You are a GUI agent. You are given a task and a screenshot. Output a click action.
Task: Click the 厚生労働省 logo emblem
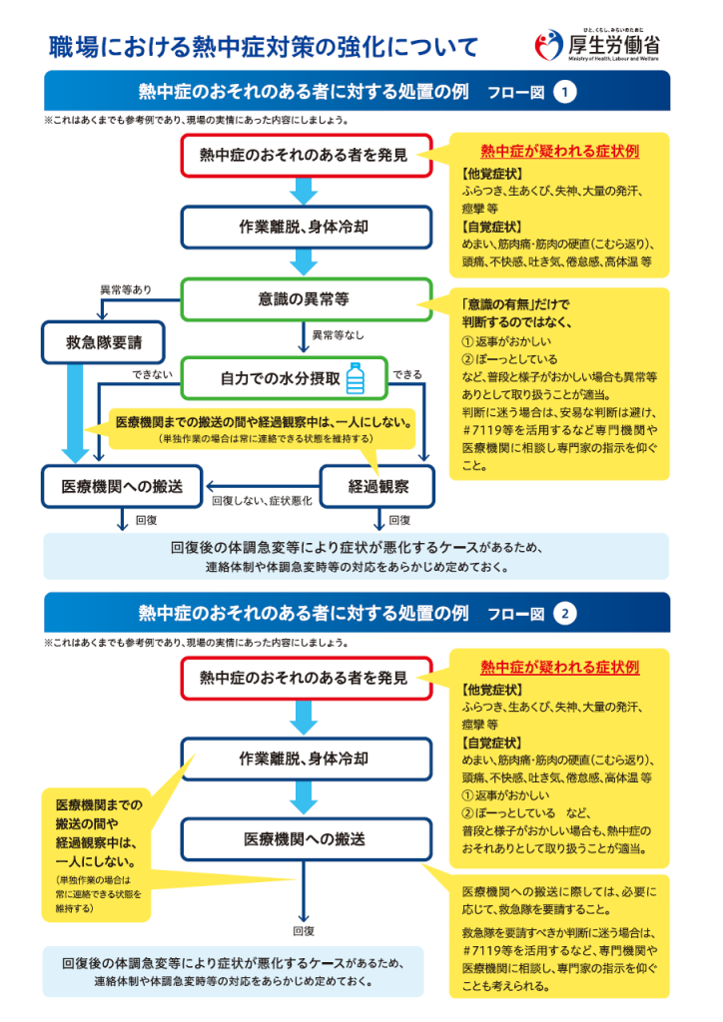click(548, 45)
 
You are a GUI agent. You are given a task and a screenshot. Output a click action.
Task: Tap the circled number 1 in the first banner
click(564, 92)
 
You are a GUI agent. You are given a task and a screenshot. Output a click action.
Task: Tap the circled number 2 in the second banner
click(564, 614)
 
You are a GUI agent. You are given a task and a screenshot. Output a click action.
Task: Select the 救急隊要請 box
click(103, 342)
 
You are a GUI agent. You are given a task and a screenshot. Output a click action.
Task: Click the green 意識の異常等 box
click(307, 299)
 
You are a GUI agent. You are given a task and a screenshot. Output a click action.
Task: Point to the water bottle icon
click(356, 378)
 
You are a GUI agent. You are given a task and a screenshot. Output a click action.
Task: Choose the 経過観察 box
click(378, 486)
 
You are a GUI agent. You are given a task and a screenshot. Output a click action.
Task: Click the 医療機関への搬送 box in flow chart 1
click(123, 486)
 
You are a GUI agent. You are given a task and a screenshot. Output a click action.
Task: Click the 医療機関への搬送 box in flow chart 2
click(307, 839)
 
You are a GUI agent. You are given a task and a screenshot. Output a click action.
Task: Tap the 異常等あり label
click(126, 289)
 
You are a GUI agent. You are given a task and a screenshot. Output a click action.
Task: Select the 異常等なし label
click(338, 335)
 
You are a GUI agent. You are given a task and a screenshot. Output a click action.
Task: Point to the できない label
click(152, 374)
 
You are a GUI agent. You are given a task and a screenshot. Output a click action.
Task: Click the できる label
click(407, 374)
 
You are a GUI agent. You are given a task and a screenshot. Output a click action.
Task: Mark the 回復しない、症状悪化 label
click(262, 501)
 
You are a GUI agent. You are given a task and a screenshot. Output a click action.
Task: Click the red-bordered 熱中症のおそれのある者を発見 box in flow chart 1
click(307, 155)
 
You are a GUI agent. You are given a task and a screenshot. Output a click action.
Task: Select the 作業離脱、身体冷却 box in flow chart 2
click(307, 759)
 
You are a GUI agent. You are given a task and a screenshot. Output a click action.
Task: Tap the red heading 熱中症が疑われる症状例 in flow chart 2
click(559, 667)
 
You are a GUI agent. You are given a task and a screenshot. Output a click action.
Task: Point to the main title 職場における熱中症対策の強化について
click(264, 46)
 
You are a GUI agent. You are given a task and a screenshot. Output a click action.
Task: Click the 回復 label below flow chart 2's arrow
click(304, 931)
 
